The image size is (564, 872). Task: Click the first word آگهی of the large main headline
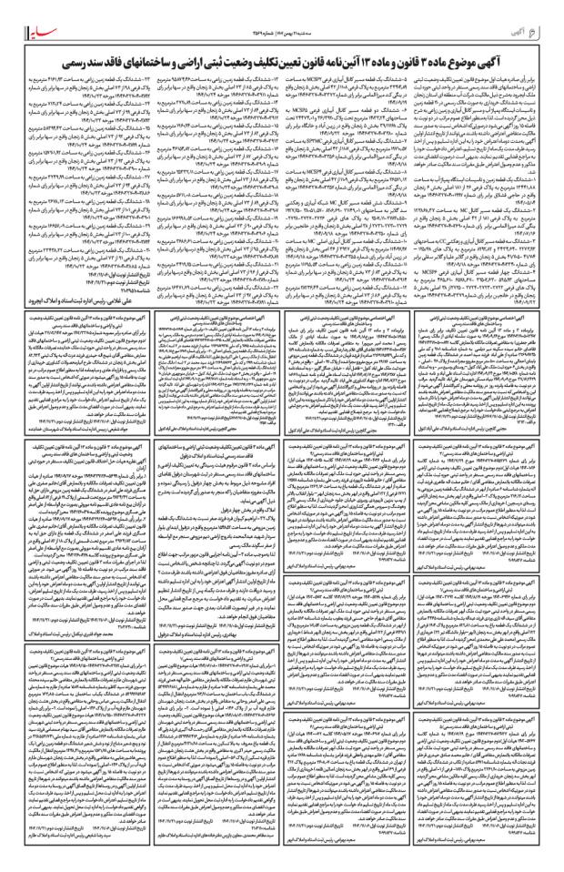click(x=520, y=40)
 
